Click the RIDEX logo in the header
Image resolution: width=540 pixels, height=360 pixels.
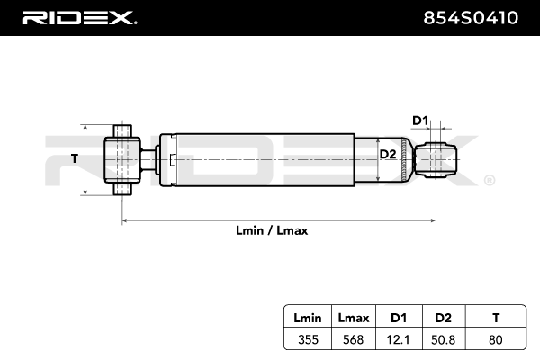[78, 17]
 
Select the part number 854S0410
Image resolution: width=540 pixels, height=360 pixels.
[471, 17]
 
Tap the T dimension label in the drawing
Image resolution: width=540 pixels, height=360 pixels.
[75, 159]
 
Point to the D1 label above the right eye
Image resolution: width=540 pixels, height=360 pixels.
[420, 120]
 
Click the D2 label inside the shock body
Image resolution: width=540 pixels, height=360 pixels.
[388, 155]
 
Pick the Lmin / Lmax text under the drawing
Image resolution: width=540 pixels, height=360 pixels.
[273, 230]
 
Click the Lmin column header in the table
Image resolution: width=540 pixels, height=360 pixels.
[308, 319]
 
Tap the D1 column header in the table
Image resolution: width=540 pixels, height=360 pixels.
[398, 319]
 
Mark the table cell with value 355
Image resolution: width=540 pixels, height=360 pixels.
[308, 340]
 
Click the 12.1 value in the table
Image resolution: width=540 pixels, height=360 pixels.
[398, 340]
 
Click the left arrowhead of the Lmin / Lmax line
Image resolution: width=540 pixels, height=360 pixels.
[125, 220]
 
